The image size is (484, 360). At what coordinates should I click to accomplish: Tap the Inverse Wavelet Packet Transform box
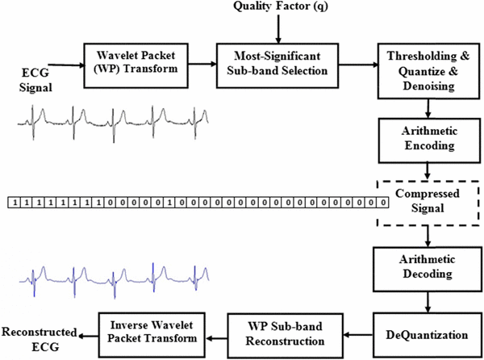coord(152,333)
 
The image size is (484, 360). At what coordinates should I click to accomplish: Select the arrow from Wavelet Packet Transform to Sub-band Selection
coord(198,58)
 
